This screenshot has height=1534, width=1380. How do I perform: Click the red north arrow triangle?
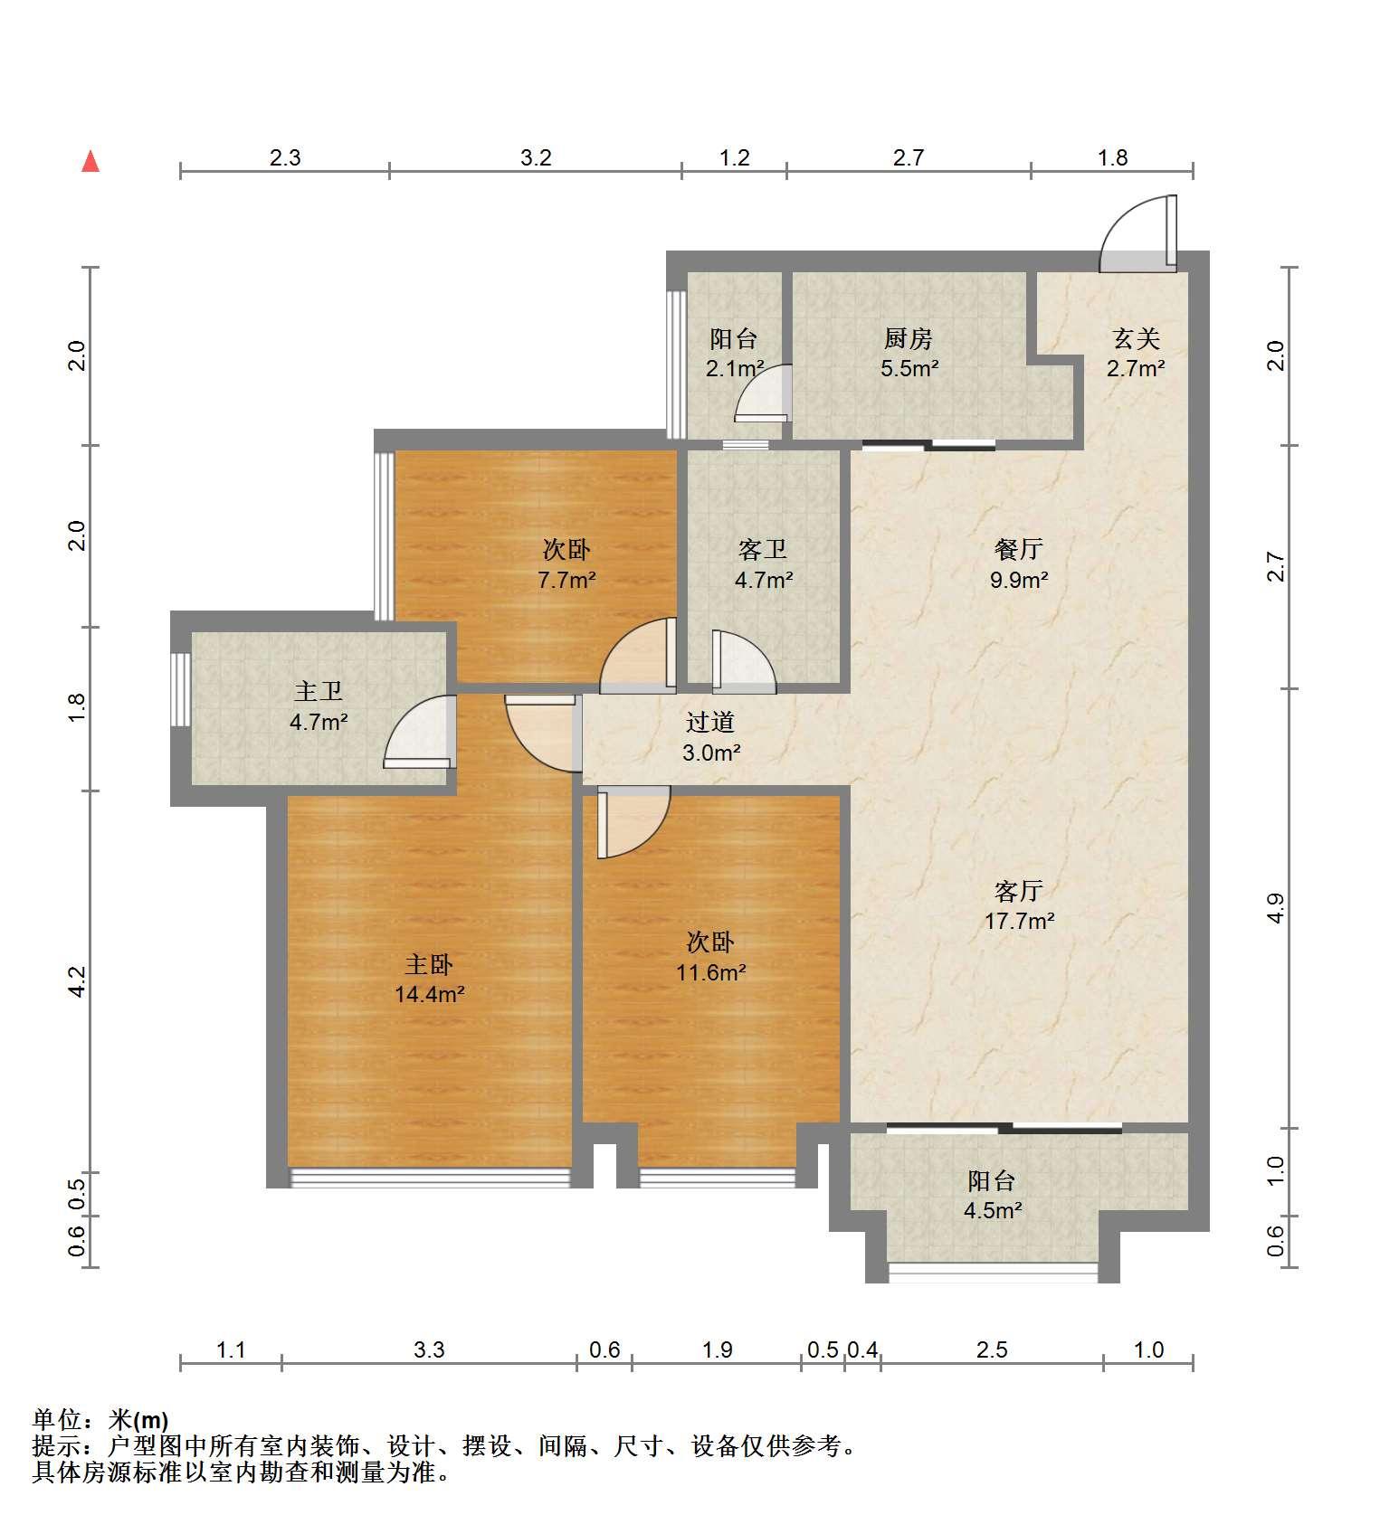[x=90, y=162]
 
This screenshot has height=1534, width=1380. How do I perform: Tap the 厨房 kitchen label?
[x=909, y=339]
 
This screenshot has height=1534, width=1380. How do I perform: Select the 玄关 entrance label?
[x=1136, y=339]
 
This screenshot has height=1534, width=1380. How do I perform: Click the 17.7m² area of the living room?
[x=1020, y=922]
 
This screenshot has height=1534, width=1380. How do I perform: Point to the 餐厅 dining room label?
[x=1019, y=549]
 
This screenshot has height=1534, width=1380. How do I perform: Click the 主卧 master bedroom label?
[x=429, y=965]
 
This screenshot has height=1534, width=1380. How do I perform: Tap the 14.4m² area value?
[x=430, y=995]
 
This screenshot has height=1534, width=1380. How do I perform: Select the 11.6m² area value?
[x=711, y=973]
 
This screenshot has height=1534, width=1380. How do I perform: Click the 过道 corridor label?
[x=710, y=722]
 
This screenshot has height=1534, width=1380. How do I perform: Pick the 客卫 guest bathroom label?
[x=763, y=549]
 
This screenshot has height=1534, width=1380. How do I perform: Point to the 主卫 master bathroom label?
[x=319, y=692]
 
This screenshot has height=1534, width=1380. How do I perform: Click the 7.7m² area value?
[x=566, y=580]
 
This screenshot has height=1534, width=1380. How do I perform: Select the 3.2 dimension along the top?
[x=536, y=158]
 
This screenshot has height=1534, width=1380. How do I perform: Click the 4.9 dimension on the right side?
[x=1275, y=908]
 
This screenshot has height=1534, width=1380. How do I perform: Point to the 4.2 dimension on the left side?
[x=78, y=981]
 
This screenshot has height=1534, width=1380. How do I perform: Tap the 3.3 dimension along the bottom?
[x=429, y=1350]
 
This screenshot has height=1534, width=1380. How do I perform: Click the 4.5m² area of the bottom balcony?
[x=993, y=1210]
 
